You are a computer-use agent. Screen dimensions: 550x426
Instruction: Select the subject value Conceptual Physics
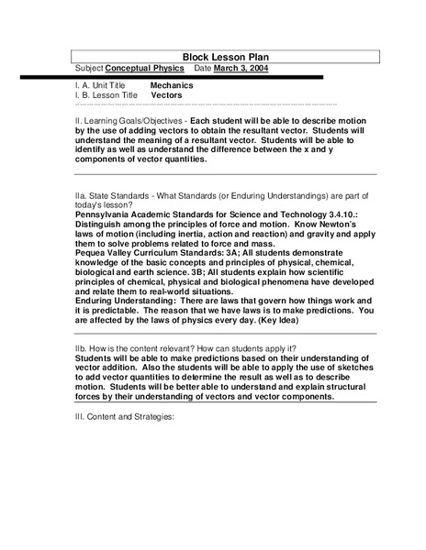point(144,68)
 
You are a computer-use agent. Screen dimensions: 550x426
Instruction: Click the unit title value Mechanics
point(172,85)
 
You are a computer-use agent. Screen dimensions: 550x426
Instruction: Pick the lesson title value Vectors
point(166,94)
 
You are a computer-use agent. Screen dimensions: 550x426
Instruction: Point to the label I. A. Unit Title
point(101,85)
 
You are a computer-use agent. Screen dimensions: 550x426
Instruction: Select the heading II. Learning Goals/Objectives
point(135,120)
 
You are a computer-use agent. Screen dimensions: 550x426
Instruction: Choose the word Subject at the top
point(88,68)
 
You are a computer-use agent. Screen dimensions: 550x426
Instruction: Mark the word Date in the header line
point(204,68)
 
